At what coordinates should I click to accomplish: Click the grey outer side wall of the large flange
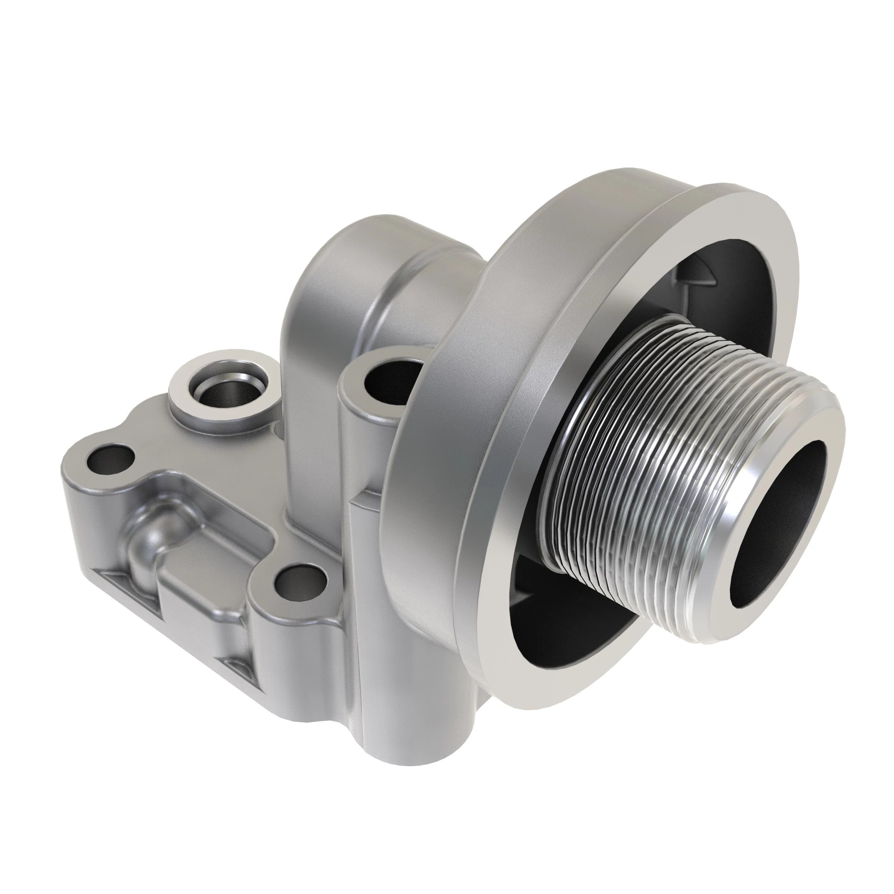[463, 370]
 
